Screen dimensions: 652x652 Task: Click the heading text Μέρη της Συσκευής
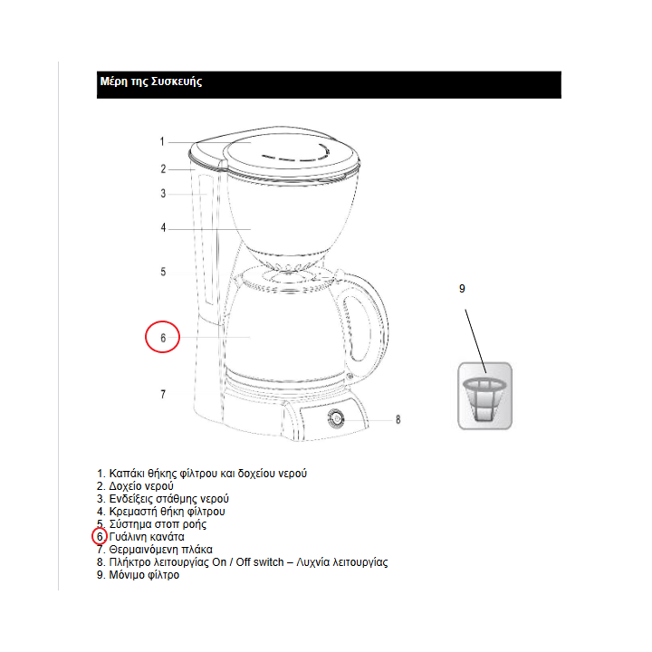(151, 81)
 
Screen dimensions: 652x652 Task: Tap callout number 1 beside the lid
(162, 142)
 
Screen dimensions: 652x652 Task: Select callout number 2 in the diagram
(163, 169)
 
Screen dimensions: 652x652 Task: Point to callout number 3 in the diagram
(163, 194)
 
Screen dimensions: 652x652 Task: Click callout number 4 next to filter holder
(163, 228)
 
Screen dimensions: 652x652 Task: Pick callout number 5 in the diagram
(163, 272)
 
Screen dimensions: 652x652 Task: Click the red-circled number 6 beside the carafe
(163, 337)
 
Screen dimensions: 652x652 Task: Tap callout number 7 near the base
(163, 394)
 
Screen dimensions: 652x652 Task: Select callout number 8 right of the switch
(398, 420)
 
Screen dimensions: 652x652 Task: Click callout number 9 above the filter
(462, 289)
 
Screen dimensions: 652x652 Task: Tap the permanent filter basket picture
(484, 396)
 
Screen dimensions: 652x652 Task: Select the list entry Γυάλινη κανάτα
(147, 537)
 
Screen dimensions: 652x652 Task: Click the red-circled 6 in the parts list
(100, 537)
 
